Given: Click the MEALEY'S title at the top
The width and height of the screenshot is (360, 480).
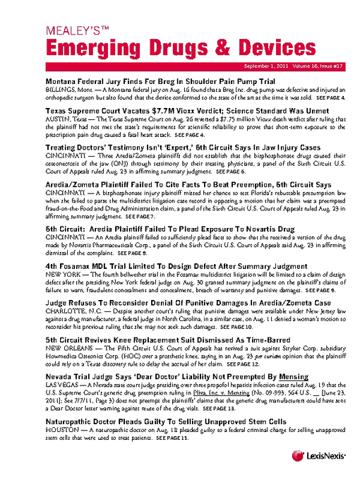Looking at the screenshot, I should (x=78, y=31).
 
